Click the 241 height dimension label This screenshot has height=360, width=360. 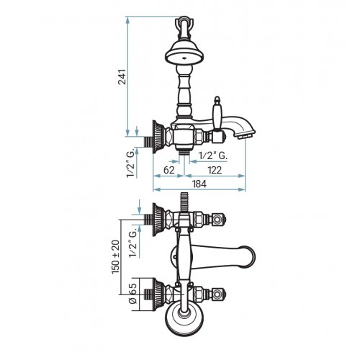click(122, 77)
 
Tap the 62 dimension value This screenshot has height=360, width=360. click(169, 170)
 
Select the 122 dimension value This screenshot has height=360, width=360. click(215, 170)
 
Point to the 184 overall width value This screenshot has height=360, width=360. click(199, 184)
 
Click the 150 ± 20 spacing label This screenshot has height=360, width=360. click(115, 257)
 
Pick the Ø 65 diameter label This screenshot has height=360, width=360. click(132, 294)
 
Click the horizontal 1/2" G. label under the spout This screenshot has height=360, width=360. click(212, 156)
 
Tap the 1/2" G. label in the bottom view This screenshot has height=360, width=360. click(132, 243)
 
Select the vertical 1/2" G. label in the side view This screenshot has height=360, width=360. click(131, 163)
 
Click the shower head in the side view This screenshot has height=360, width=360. click(184, 53)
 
